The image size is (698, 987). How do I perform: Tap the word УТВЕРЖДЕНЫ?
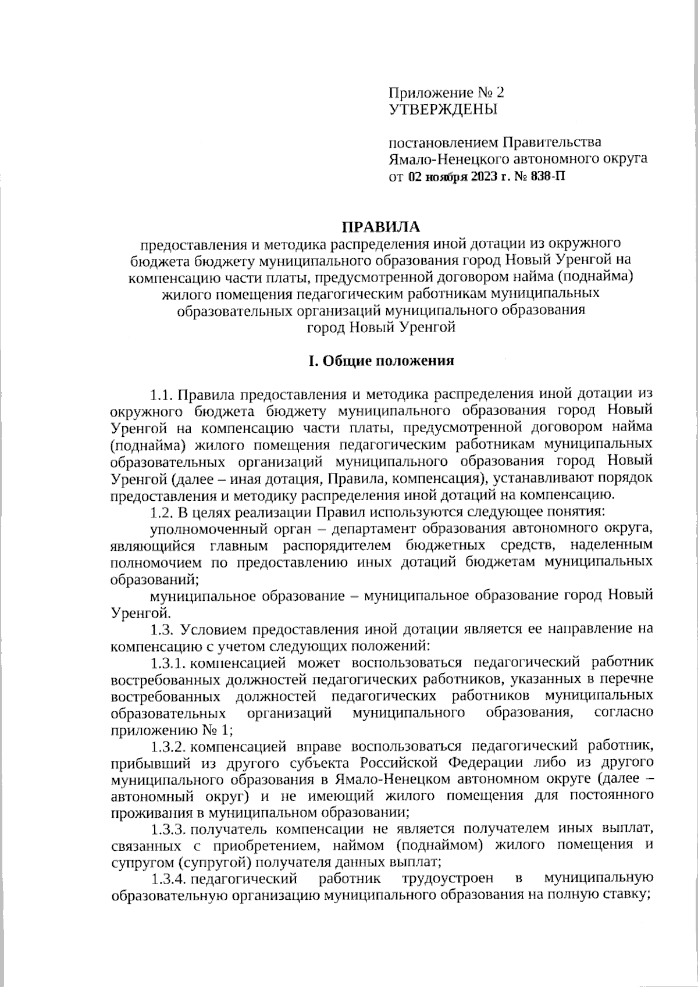point(443,109)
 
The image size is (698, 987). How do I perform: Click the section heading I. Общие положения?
point(381,361)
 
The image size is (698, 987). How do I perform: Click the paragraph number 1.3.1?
point(168,662)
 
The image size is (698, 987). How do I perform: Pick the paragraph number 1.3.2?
point(168,746)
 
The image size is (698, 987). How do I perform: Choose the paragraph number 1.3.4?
point(168,878)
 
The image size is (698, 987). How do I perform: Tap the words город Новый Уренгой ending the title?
point(380,327)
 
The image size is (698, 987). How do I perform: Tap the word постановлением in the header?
point(443,142)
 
